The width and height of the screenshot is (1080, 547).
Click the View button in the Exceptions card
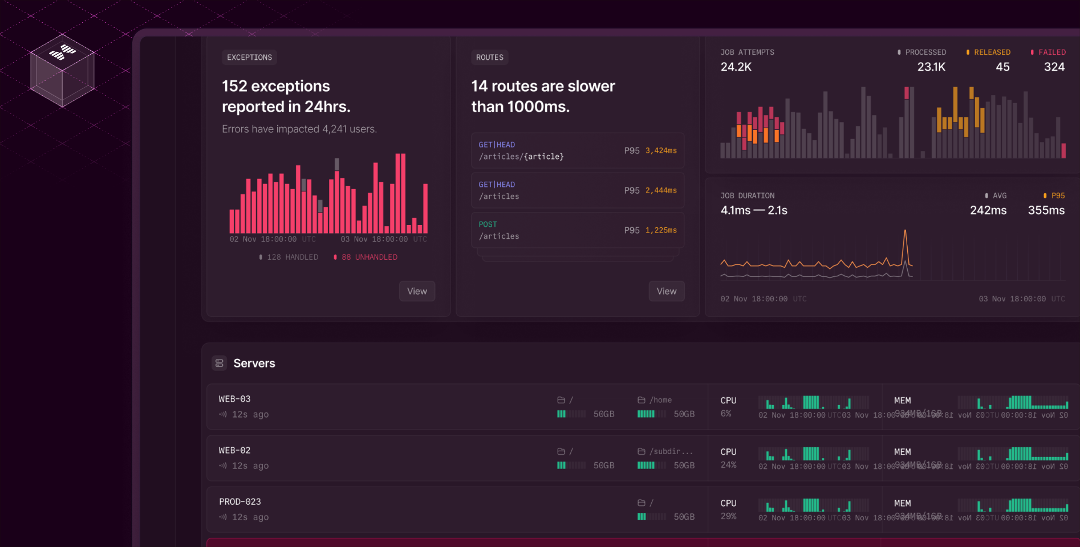(x=417, y=291)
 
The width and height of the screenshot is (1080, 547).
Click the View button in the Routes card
(x=666, y=291)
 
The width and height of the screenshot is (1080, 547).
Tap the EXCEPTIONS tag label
(x=249, y=58)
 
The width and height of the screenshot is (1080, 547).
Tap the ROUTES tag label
(x=490, y=58)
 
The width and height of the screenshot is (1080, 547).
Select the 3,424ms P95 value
(x=661, y=150)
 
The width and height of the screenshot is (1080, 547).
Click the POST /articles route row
(x=577, y=230)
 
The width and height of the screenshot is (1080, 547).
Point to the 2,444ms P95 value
(x=661, y=190)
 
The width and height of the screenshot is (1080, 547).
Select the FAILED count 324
(x=1054, y=67)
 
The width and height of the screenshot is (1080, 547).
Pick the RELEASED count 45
(x=1002, y=67)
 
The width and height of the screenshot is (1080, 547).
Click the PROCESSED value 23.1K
(x=931, y=67)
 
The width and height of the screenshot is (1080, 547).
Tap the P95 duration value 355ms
(x=1046, y=210)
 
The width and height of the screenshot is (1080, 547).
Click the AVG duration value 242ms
(x=988, y=210)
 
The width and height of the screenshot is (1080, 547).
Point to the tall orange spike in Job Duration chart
(x=905, y=239)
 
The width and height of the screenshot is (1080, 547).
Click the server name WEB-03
(x=234, y=399)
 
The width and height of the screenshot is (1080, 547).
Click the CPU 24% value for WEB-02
(x=728, y=465)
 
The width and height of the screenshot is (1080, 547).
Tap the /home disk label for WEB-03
(x=660, y=400)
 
